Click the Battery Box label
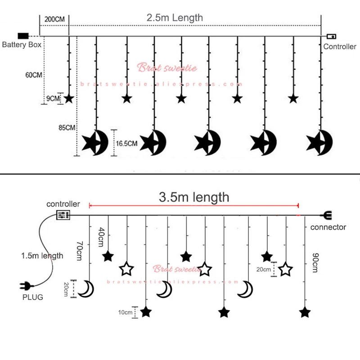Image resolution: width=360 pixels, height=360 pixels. pos(22,45)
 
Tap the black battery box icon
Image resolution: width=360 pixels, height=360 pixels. pos(23,36)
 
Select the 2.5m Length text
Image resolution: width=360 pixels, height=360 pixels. pos(175,18)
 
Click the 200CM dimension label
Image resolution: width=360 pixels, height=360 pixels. pos(55,19)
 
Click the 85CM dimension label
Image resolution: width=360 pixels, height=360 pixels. pos(67,128)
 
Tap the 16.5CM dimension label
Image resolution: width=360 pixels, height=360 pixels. pos(126,144)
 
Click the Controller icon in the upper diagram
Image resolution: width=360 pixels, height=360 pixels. pos(331,36)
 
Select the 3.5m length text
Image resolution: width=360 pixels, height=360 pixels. pos(194,197)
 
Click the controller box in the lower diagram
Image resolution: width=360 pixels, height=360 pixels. pos(63,215)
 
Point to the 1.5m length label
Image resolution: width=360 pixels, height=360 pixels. pos(42,256)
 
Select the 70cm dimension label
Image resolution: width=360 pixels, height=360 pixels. pos(79,251)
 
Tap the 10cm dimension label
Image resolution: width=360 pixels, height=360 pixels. pos(126,312)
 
